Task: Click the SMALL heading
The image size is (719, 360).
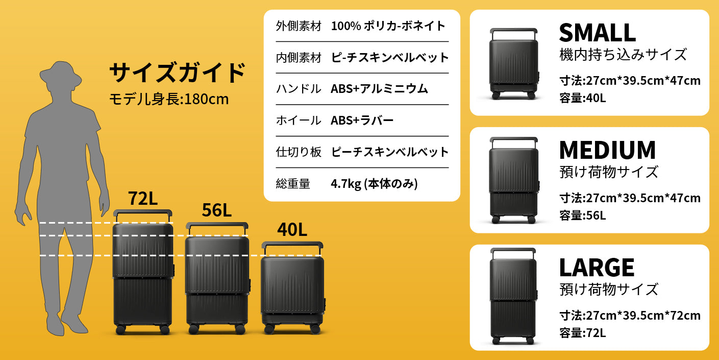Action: pos(597,33)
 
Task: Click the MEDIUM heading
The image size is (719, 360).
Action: pos(607,150)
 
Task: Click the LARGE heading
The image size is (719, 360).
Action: pos(597,267)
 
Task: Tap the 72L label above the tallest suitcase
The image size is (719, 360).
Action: pos(143,198)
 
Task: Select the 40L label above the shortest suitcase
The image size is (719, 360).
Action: pos(292,229)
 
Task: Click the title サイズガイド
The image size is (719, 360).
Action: pos(178,73)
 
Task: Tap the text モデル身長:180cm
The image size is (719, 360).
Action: pos(169,99)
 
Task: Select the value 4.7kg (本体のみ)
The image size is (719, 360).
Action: pos(374,184)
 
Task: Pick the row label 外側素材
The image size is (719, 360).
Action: pos(299,26)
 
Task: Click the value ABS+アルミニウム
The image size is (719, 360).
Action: pos(379,89)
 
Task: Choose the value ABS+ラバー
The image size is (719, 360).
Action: pos(362,121)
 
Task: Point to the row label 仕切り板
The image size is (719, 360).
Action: pos(299,152)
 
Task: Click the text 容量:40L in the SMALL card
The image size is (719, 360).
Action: pos(583,98)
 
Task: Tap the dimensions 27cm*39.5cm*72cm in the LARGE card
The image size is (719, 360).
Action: pos(643,316)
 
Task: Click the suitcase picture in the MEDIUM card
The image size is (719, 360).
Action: pos(513,180)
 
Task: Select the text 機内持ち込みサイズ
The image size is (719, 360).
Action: pos(623,54)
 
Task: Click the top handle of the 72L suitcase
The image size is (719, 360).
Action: pos(142,212)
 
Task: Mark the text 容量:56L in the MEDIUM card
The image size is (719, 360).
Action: pos(583,215)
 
